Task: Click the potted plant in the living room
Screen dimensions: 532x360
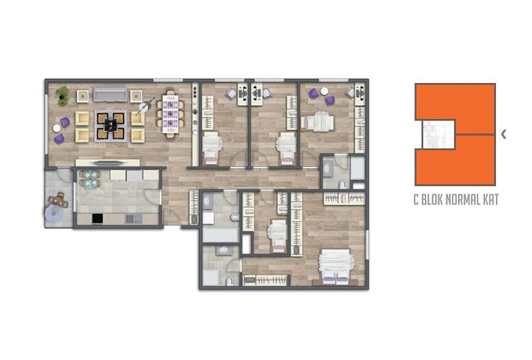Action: click(x=63, y=95)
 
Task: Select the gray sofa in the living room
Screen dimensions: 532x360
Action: click(x=110, y=94)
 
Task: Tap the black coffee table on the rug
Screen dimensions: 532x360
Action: click(x=110, y=126)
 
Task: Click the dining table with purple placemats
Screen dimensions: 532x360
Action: click(x=171, y=114)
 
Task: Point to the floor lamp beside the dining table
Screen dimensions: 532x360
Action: click(x=144, y=107)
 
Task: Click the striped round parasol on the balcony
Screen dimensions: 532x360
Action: click(x=54, y=213)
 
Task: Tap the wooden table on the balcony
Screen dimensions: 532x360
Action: click(x=58, y=200)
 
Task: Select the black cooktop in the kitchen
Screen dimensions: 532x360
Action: click(x=98, y=219)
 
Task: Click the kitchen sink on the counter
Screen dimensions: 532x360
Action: click(x=135, y=219)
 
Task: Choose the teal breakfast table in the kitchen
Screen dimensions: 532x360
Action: click(x=91, y=179)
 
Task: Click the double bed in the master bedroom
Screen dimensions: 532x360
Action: click(x=336, y=266)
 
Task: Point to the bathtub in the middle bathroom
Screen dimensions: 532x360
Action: click(x=221, y=235)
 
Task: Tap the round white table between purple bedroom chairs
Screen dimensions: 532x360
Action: click(x=324, y=91)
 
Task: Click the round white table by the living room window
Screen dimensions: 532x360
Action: click(x=57, y=128)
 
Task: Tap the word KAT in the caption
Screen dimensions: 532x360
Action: click(x=491, y=200)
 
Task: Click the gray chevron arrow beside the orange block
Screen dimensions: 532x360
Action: click(x=503, y=134)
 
